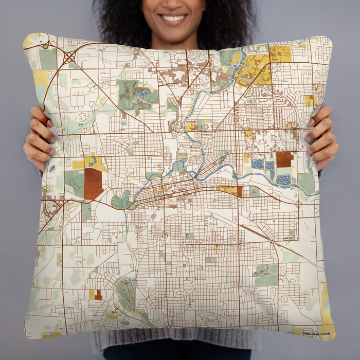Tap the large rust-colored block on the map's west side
(x=93, y=183)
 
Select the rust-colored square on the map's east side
(x=284, y=159)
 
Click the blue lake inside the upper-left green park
(x=140, y=95)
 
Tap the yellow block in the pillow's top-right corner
(x=280, y=52)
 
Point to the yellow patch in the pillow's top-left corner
(x=31, y=40)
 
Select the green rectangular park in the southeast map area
(x=266, y=275)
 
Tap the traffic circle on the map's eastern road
(x=298, y=204)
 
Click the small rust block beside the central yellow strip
(x=240, y=191)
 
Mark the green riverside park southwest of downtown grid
(x=122, y=200)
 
